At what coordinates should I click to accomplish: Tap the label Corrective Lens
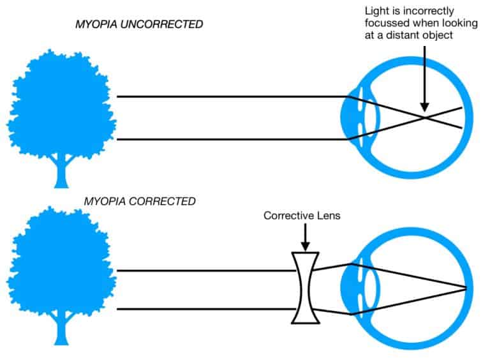[x=302, y=216]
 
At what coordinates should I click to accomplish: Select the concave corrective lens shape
[x=304, y=288]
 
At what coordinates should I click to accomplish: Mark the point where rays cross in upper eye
[x=424, y=117]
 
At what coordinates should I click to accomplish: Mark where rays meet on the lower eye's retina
[x=466, y=288]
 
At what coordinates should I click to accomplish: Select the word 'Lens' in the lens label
[x=328, y=216]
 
